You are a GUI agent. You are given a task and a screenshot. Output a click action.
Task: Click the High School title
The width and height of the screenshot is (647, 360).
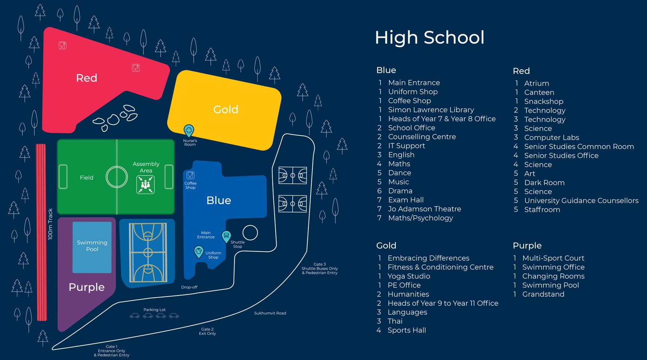[430, 38]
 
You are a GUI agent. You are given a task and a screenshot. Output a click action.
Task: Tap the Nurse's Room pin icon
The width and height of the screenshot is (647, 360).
[189, 130]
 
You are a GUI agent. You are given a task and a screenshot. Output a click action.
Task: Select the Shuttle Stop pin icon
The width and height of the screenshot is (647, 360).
[226, 236]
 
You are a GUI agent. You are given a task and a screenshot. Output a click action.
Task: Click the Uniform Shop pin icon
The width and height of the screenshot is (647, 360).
[198, 251]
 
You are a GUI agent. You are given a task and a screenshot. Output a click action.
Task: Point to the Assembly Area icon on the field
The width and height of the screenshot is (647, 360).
[145, 184]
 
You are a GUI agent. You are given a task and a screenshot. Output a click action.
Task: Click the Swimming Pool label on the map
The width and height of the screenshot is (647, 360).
[92, 246]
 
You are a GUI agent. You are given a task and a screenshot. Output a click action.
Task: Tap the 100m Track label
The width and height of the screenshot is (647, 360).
[50, 224]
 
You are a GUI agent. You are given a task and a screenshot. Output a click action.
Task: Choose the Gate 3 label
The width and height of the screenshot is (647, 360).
[320, 264]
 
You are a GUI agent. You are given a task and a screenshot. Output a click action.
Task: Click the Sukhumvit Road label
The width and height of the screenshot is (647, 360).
[270, 313]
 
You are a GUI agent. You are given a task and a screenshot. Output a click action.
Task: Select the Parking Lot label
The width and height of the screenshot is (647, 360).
[154, 310]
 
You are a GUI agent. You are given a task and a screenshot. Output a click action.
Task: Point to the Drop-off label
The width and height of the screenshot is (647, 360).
[189, 287]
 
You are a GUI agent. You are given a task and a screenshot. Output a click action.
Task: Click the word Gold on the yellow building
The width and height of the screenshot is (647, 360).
[226, 109]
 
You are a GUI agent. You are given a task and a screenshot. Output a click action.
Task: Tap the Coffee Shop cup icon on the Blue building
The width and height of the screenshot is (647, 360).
[190, 175]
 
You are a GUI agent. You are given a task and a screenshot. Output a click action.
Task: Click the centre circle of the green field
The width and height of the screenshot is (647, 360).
[117, 177]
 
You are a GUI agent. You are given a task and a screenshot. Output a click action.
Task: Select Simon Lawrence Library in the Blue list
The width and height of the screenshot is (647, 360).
[431, 110]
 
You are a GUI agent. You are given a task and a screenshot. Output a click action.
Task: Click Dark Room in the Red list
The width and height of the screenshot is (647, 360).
[544, 183]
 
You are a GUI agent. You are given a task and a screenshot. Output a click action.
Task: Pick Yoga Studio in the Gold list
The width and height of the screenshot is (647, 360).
[409, 276]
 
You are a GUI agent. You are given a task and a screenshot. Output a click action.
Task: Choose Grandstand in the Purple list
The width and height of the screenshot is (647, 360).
[543, 294]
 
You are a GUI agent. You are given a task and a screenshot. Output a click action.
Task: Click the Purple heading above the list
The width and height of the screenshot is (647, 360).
[527, 246]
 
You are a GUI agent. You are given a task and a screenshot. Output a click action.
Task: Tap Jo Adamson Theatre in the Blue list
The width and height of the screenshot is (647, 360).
[425, 209]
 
